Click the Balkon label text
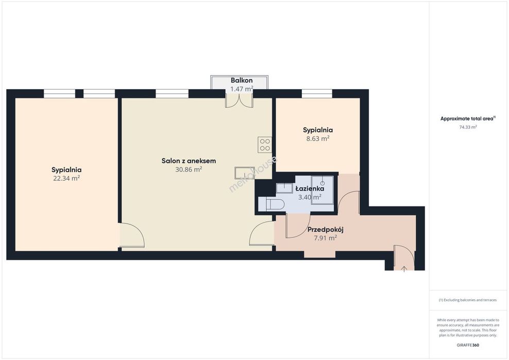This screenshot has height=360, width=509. (242, 80)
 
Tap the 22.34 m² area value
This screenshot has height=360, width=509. (66, 178)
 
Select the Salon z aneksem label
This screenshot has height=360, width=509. (189, 161)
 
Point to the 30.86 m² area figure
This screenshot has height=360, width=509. (189, 169)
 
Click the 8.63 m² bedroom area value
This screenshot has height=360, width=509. (317, 139)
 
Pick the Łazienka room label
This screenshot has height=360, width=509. (310, 188)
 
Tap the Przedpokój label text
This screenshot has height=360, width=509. (325, 230)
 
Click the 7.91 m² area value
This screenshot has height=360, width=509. (325, 238)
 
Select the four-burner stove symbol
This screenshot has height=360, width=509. (265, 145)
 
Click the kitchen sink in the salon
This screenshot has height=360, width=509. (245, 172)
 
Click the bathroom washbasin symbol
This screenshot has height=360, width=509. (284, 187)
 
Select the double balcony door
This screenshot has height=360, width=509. (239, 100)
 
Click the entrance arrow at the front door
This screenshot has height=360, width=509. (404, 268)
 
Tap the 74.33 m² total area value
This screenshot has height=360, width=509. (468, 127)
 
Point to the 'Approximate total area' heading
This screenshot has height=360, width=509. (468, 118)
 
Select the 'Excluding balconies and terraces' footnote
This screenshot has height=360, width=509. (468, 300)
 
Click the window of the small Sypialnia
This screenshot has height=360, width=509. (317, 94)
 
